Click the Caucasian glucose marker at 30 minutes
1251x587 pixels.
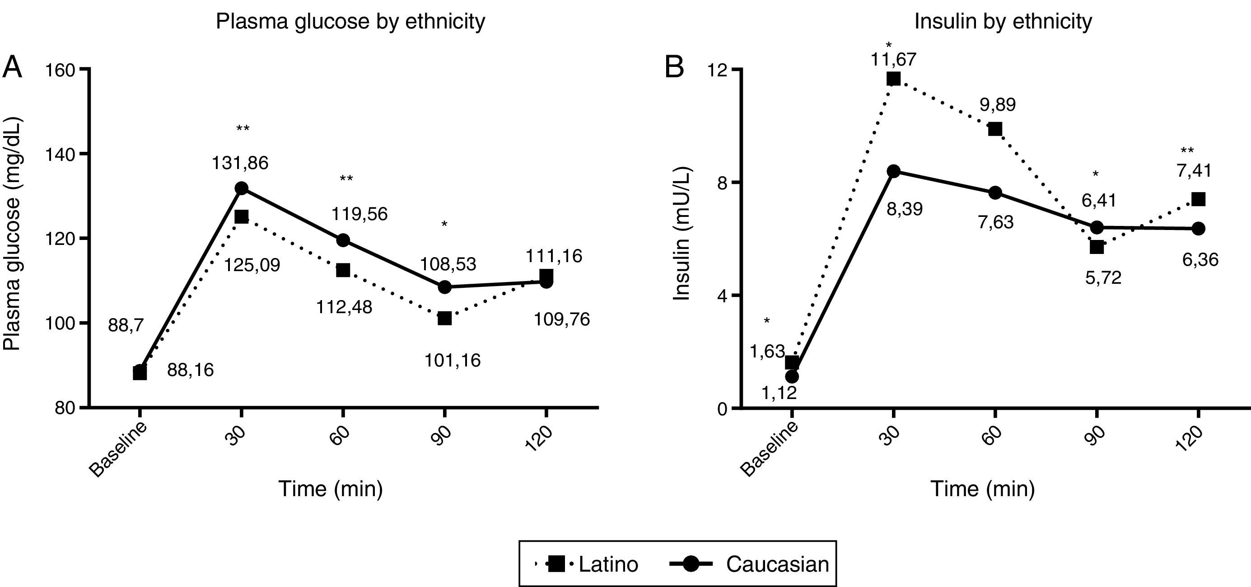tap(241, 188)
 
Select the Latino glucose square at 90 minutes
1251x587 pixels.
tap(444, 318)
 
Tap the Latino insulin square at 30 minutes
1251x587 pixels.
tap(893, 79)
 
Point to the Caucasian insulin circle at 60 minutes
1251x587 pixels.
tap(994, 193)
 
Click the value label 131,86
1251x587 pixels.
tap(240, 163)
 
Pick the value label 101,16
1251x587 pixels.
tap(453, 360)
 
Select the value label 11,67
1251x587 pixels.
tap(893, 60)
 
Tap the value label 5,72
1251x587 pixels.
tap(1103, 277)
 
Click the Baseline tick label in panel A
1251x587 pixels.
tap(118, 450)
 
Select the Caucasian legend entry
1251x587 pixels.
tap(751, 564)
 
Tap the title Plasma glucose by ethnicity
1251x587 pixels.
tap(350, 21)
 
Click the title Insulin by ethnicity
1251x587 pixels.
tap(1003, 21)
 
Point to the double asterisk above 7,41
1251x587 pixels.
tap(1187, 151)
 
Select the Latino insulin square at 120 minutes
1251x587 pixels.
tap(1198, 199)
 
